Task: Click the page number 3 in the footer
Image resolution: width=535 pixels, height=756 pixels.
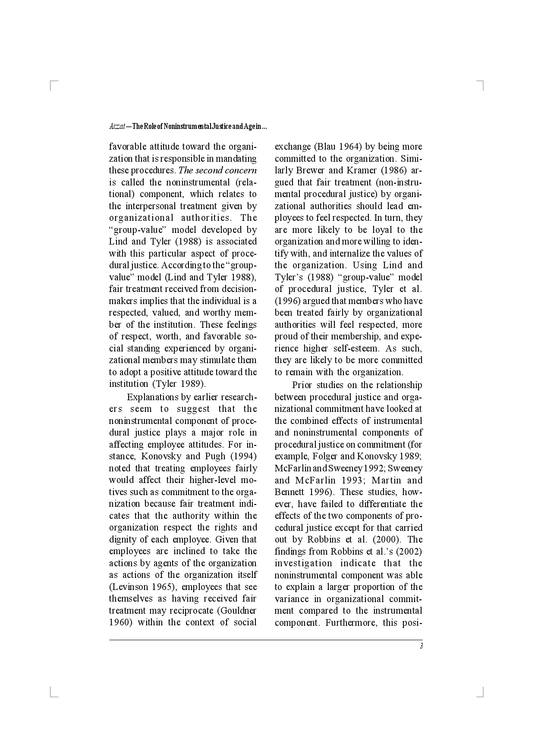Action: (x=421, y=646)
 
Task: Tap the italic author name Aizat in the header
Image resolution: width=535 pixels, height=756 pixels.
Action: (x=117, y=127)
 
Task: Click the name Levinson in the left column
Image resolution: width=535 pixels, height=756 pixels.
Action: (x=129, y=587)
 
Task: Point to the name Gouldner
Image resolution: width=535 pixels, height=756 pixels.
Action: (x=239, y=611)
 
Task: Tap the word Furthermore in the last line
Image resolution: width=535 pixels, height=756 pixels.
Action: (x=351, y=623)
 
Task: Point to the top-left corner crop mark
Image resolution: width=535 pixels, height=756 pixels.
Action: (x=53, y=84)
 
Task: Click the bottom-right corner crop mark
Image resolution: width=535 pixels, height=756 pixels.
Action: (x=481, y=693)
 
